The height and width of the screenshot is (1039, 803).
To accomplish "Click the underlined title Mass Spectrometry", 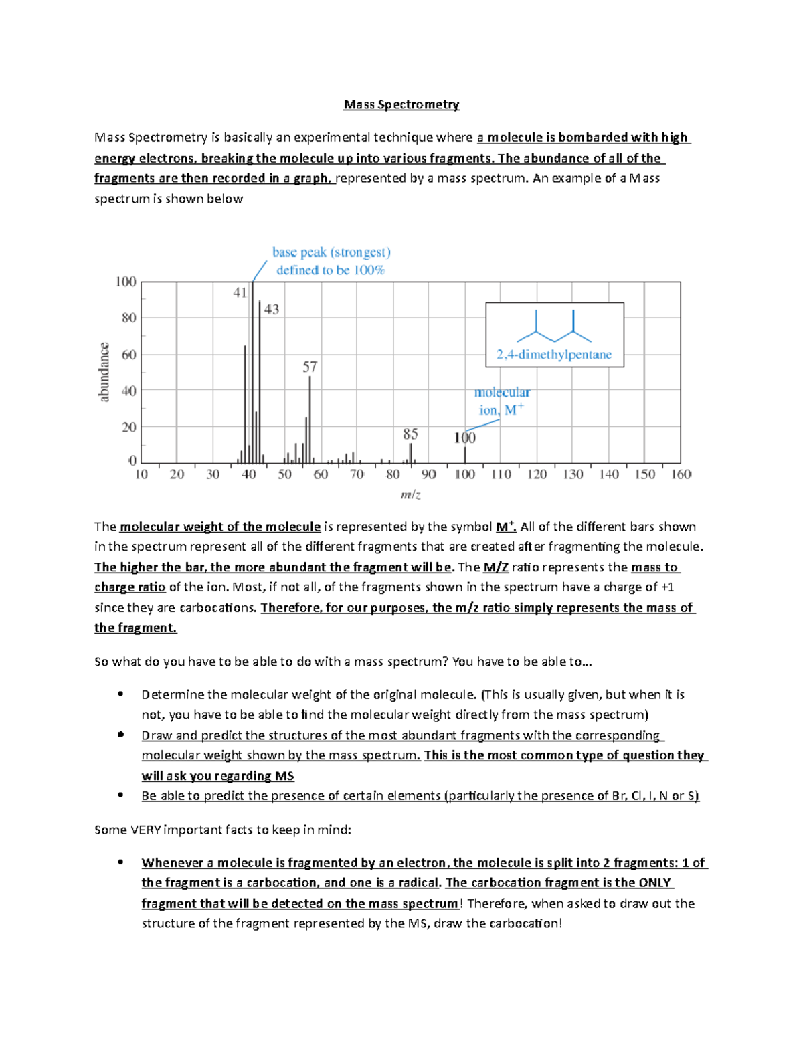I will click(x=401, y=104).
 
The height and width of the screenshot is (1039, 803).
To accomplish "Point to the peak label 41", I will click(x=240, y=292).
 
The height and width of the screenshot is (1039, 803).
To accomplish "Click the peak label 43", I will click(x=271, y=309).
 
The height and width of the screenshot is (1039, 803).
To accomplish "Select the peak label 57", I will click(x=309, y=367).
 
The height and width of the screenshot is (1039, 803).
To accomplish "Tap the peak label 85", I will click(x=410, y=434).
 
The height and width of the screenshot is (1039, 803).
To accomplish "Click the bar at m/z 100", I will click(x=465, y=454).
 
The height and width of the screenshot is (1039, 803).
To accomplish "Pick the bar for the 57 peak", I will click(x=310, y=418).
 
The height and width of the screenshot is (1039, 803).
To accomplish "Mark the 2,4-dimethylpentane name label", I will click(x=554, y=355).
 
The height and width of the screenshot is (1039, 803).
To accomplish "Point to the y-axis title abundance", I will click(x=104, y=372).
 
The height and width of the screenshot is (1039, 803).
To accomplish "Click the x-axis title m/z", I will click(x=410, y=495).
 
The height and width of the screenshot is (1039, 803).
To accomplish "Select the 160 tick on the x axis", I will click(x=681, y=474).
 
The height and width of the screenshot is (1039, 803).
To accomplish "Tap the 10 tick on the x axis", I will click(x=141, y=474).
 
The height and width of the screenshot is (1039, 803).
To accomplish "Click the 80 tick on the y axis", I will click(x=128, y=318).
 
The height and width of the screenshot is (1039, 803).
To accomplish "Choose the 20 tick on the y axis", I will click(x=128, y=427).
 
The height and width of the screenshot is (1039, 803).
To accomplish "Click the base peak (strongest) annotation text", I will click(x=331, y=252).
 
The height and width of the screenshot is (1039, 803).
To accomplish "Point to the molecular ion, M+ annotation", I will click(x=501, y=401).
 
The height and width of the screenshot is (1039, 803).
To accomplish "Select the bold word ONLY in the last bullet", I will click(x=654, y=882).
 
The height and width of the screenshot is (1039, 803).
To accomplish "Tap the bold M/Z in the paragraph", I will click(x=496, y=567).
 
